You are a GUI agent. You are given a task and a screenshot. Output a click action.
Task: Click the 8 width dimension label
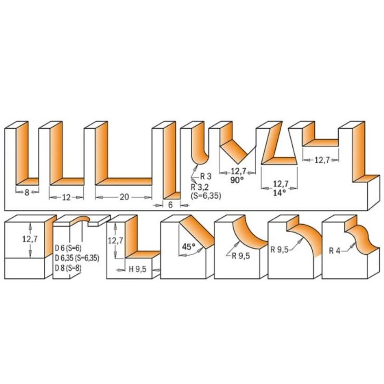click(26, 193)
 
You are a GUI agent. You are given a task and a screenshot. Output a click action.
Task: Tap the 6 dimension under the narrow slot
click(171, 205)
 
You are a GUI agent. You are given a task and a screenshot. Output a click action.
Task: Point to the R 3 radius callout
click(205, 176)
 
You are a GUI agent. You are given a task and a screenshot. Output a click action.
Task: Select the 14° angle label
click(279, 193)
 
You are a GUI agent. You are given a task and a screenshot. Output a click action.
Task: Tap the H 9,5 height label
click(138, 269)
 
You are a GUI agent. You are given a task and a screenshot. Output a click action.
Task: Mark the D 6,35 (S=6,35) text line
click(77, 257)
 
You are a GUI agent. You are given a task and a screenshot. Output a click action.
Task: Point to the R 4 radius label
click(334, 251)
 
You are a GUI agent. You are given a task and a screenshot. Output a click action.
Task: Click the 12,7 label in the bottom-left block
click(30, 239)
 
